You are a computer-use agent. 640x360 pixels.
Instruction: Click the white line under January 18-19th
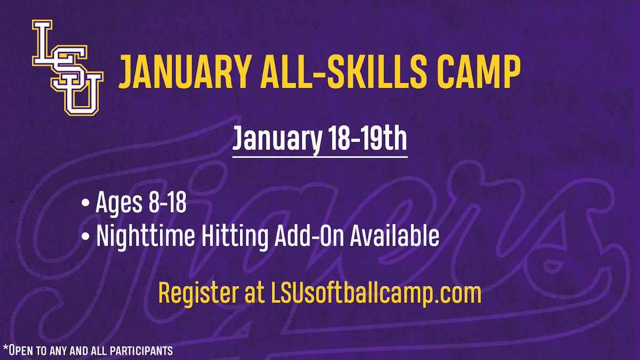tap(319, 157)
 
